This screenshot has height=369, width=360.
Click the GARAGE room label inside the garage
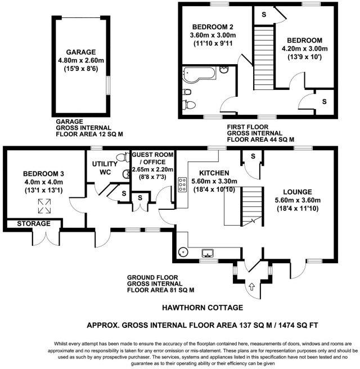point(80,52)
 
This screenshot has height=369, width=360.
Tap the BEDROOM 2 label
point(213,27)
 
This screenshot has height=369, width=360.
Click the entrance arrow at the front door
point(252,286)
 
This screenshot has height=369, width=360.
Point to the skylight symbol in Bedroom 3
point(44,206)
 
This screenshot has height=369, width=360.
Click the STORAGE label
point(34,223)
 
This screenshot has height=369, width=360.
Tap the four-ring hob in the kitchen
point(182,184)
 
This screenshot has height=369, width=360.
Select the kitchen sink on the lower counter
point(208,253)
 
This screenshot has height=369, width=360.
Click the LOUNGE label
point(298,192)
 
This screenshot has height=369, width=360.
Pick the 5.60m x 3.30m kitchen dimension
point(214,181)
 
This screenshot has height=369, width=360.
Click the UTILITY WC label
point(105,168)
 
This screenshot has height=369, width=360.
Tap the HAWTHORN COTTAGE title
point(202,308)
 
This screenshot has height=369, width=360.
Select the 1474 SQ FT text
point(298,326)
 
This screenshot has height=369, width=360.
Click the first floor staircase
point(263,57)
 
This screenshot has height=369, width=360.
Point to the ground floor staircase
point(252,206)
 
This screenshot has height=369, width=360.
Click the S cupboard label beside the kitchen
point(253,156)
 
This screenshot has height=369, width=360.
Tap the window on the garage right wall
point(108,85)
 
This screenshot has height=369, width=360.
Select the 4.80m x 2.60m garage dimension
point(81,61)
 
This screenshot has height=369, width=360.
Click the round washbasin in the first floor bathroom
point(223,69)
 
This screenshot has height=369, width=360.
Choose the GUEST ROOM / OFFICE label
point(152,159)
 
